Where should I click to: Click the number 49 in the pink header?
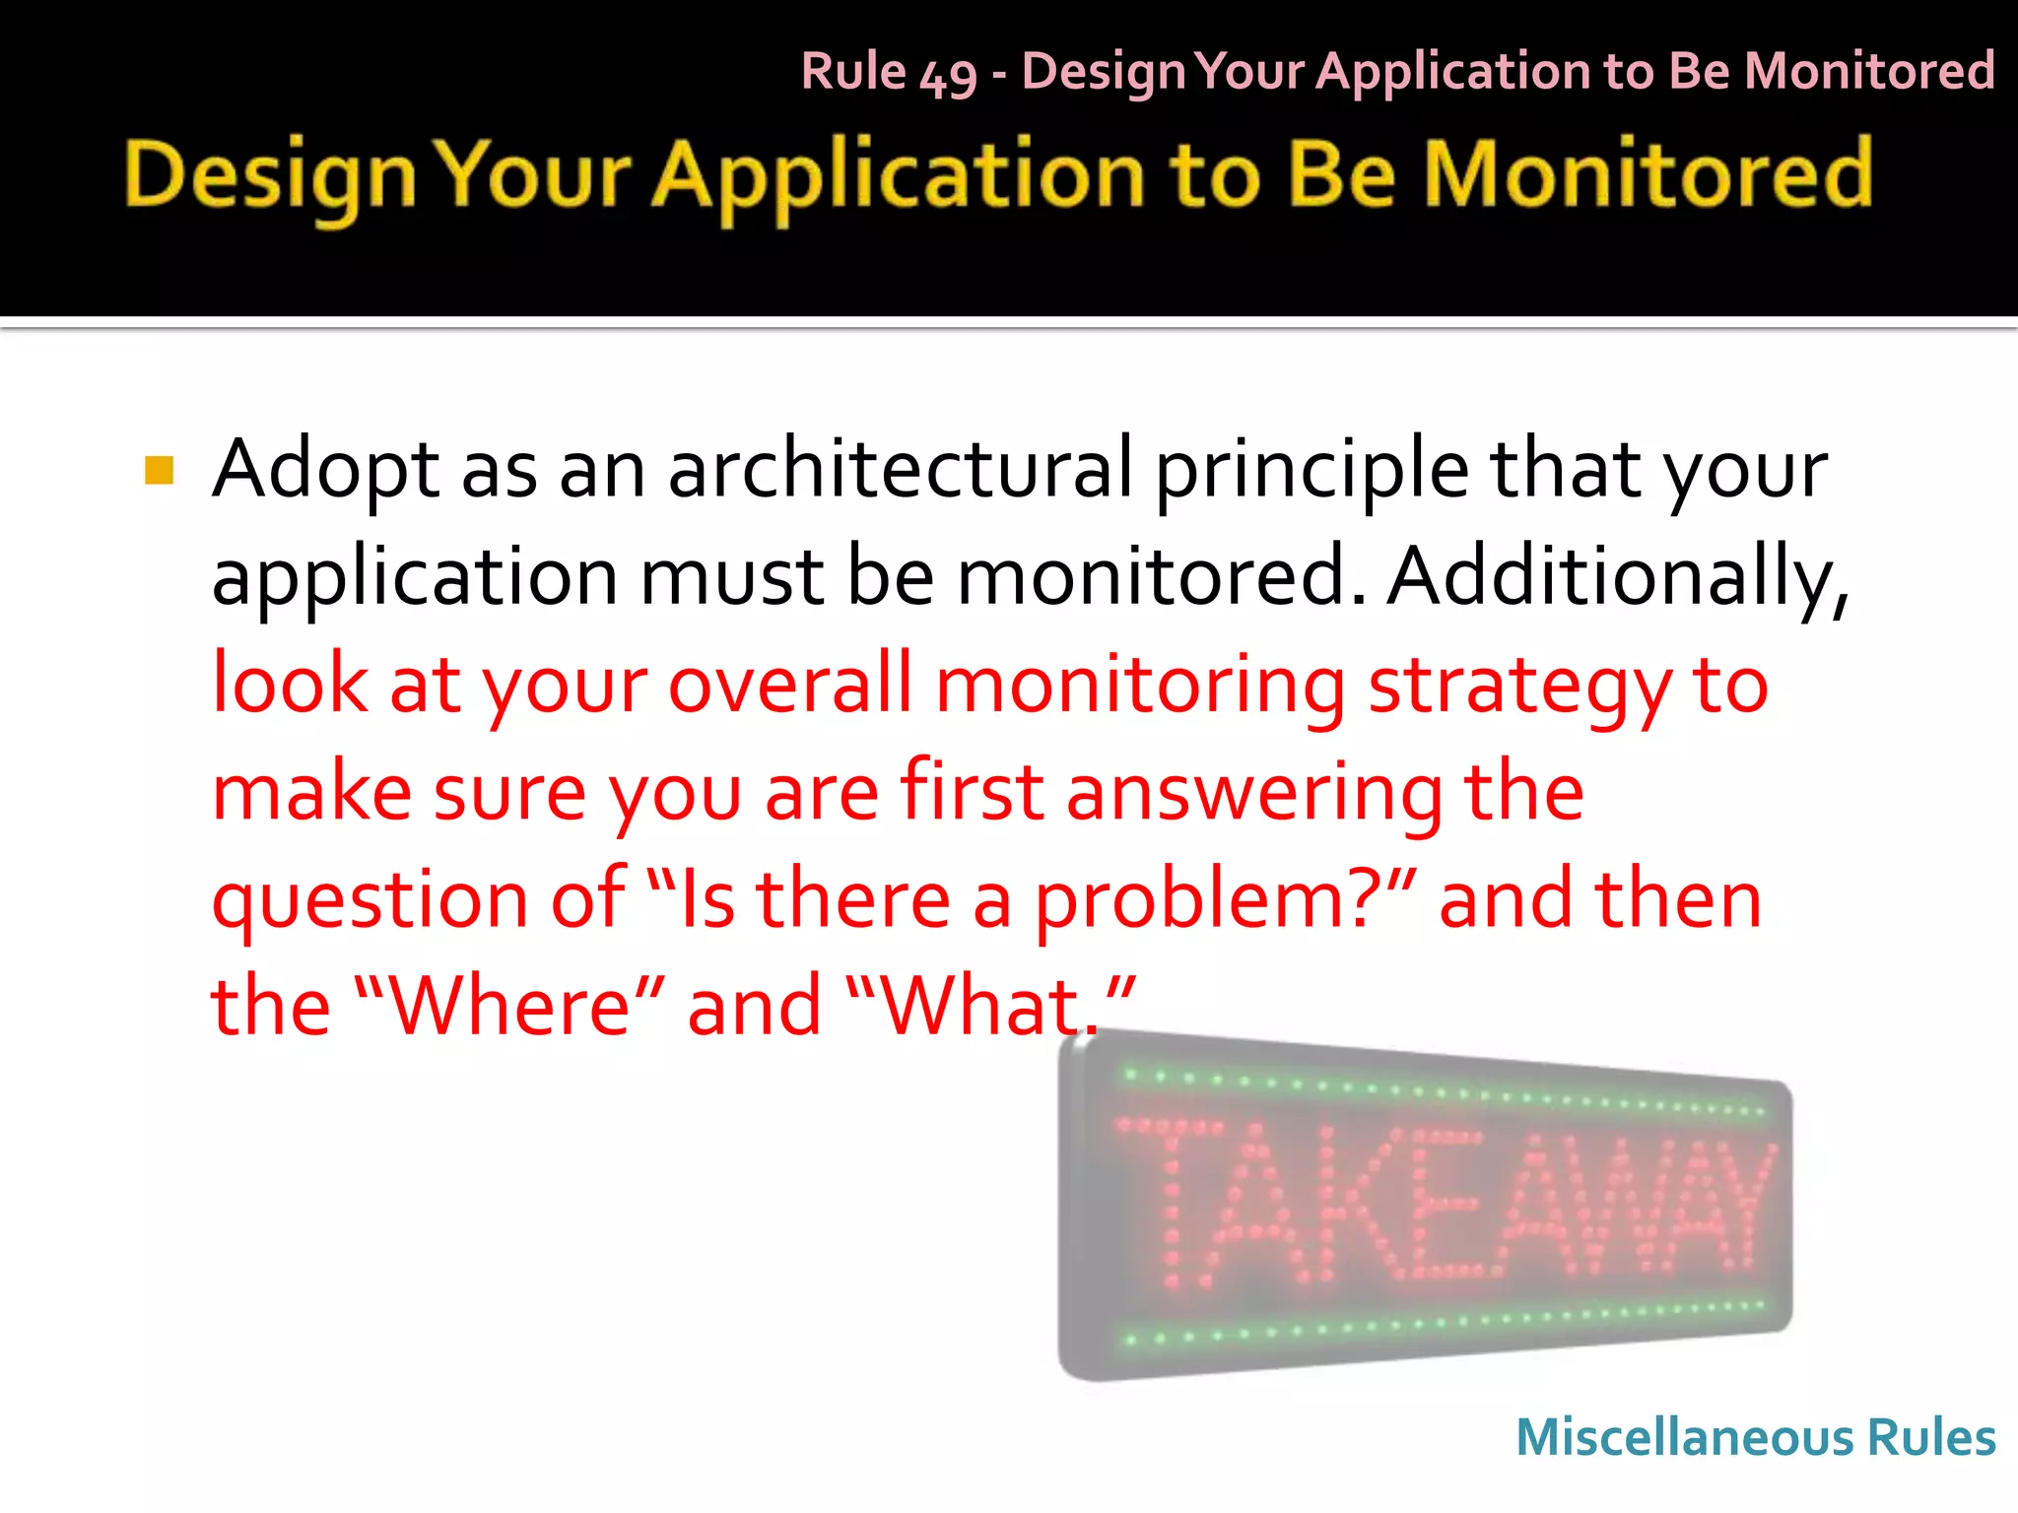(x=948, y=75)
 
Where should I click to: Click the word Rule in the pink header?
(x=853, y=71)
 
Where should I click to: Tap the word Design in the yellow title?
(x=270, y=177)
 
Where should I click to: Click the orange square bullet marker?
(x=159, y=471)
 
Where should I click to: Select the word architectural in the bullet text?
(x=901, y=469)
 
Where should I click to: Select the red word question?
(x=370, y=902)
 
